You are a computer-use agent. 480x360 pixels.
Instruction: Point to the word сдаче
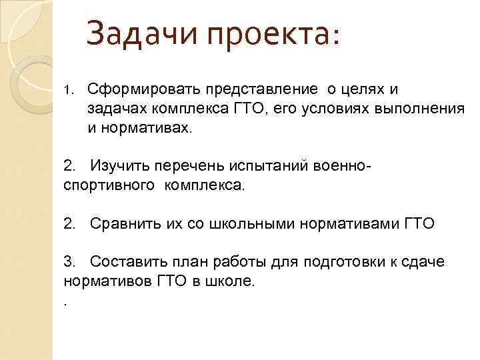point(419,261)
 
